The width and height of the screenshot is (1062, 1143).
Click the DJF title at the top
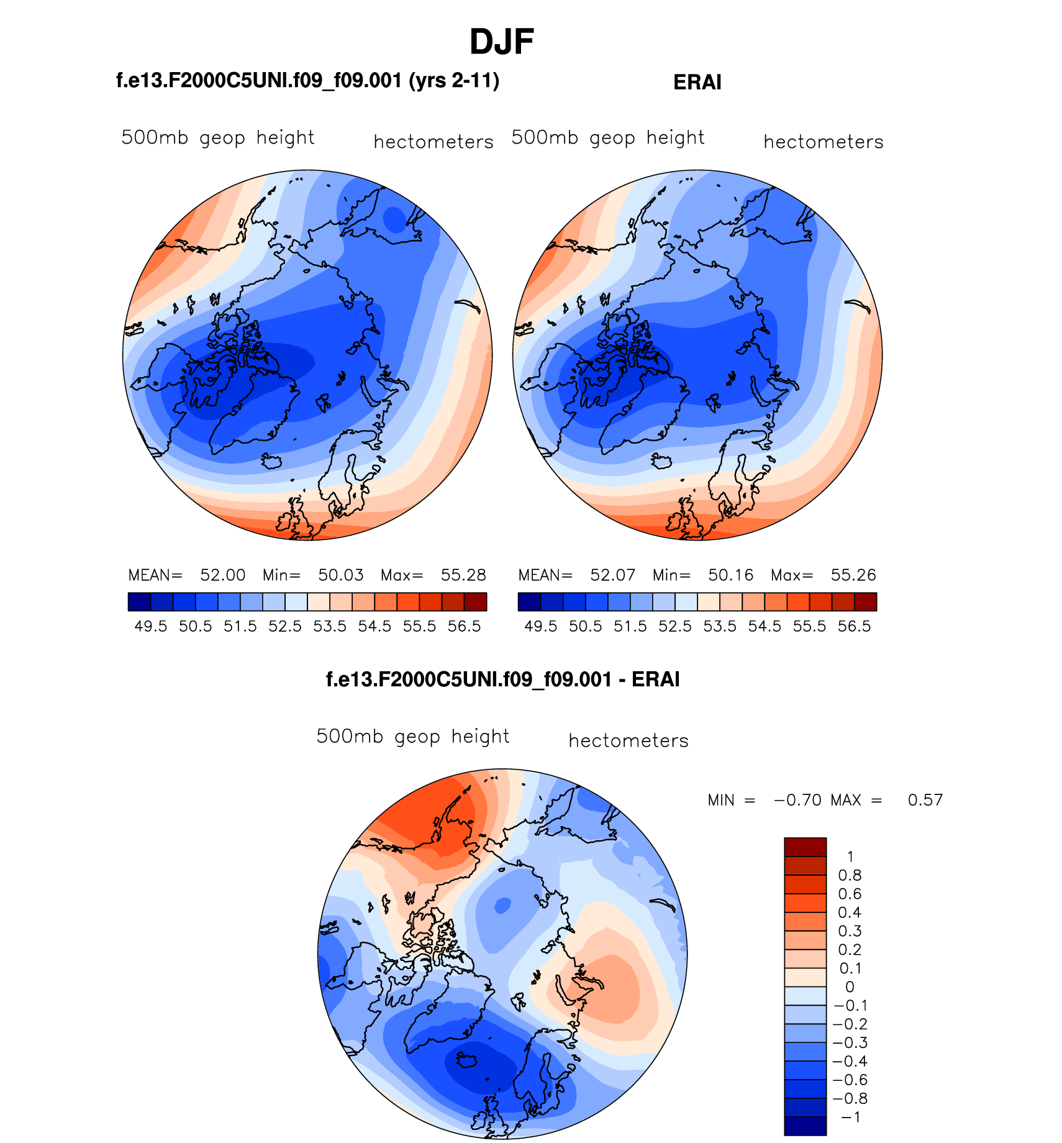(x=502, y=42)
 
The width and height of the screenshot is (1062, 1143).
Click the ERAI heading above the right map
(x=697, y=83)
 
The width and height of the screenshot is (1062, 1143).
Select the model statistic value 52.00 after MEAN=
(x=222, y=575)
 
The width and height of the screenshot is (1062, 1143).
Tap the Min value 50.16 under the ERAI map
(x=730, y=575)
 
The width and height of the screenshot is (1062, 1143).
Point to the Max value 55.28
(x=463, y=575)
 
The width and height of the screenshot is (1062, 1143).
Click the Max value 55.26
(x=853, y=575)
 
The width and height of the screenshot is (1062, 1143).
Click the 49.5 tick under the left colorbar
(x=151, y=627)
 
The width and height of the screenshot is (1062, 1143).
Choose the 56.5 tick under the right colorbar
(x=854, y=627)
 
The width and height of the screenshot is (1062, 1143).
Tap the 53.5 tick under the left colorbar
(x=330, y=627)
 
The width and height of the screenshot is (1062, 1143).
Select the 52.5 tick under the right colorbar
(x=675, y=627)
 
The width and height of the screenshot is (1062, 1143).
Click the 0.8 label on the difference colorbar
(x=850, y=876)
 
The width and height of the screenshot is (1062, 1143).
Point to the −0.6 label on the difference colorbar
(x=850, y=1080)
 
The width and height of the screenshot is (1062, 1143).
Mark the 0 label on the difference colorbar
(x=850, y=987)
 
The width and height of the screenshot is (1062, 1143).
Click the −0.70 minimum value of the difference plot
(x=797, y=800)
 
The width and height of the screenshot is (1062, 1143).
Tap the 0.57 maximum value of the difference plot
(x=925, y=800)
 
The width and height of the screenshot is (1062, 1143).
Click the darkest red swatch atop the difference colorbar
(x=805, y=847)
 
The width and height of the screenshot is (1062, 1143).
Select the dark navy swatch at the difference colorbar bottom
(x=805, y=1126)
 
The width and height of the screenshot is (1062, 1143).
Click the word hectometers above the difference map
(x=629, y=741)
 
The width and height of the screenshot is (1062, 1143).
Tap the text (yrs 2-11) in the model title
(x=454, y=81)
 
